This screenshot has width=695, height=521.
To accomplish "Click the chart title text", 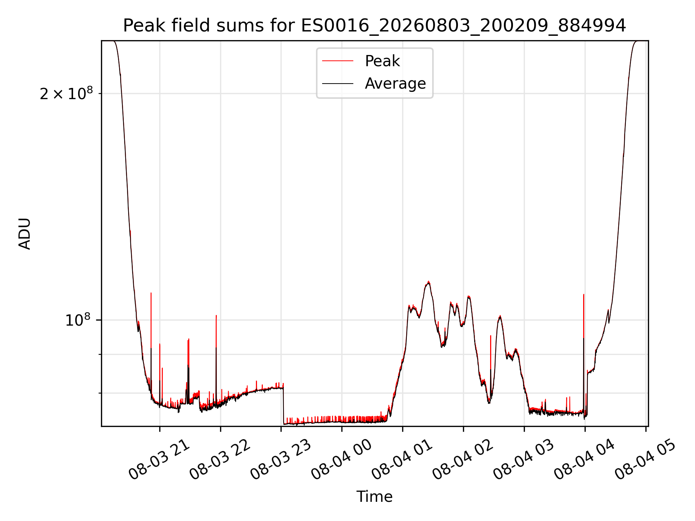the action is coord(375,26).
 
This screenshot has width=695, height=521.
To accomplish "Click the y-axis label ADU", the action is coord(25,234).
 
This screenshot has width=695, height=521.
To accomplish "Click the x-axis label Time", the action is coord(375,497).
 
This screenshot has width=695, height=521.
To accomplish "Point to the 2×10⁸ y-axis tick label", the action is coord(66,94).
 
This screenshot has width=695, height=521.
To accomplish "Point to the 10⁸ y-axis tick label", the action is coord(77,320).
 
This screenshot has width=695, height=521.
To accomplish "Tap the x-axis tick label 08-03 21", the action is coord(159,460).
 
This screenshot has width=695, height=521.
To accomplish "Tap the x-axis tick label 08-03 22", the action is coord(220,460).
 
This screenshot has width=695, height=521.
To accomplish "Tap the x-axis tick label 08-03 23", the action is coord(281,460).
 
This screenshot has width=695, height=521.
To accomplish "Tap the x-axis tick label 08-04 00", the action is coord(342,460).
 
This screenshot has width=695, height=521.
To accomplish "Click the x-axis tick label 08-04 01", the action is coord(403,460).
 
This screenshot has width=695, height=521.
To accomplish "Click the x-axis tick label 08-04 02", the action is coord(463,460).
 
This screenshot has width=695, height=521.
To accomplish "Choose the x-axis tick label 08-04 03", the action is coord(524,460).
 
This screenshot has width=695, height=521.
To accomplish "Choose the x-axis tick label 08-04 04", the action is coord(585,460).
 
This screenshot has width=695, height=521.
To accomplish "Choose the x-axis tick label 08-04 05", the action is coord(646,460).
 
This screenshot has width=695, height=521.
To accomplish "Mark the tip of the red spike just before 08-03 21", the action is coord(151,293).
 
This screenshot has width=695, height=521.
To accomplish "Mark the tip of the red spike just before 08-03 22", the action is coord(216,315).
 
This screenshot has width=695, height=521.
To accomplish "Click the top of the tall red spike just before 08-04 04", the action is coord(584,295).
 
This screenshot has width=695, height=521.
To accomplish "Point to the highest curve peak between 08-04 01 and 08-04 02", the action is coord(429,281).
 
